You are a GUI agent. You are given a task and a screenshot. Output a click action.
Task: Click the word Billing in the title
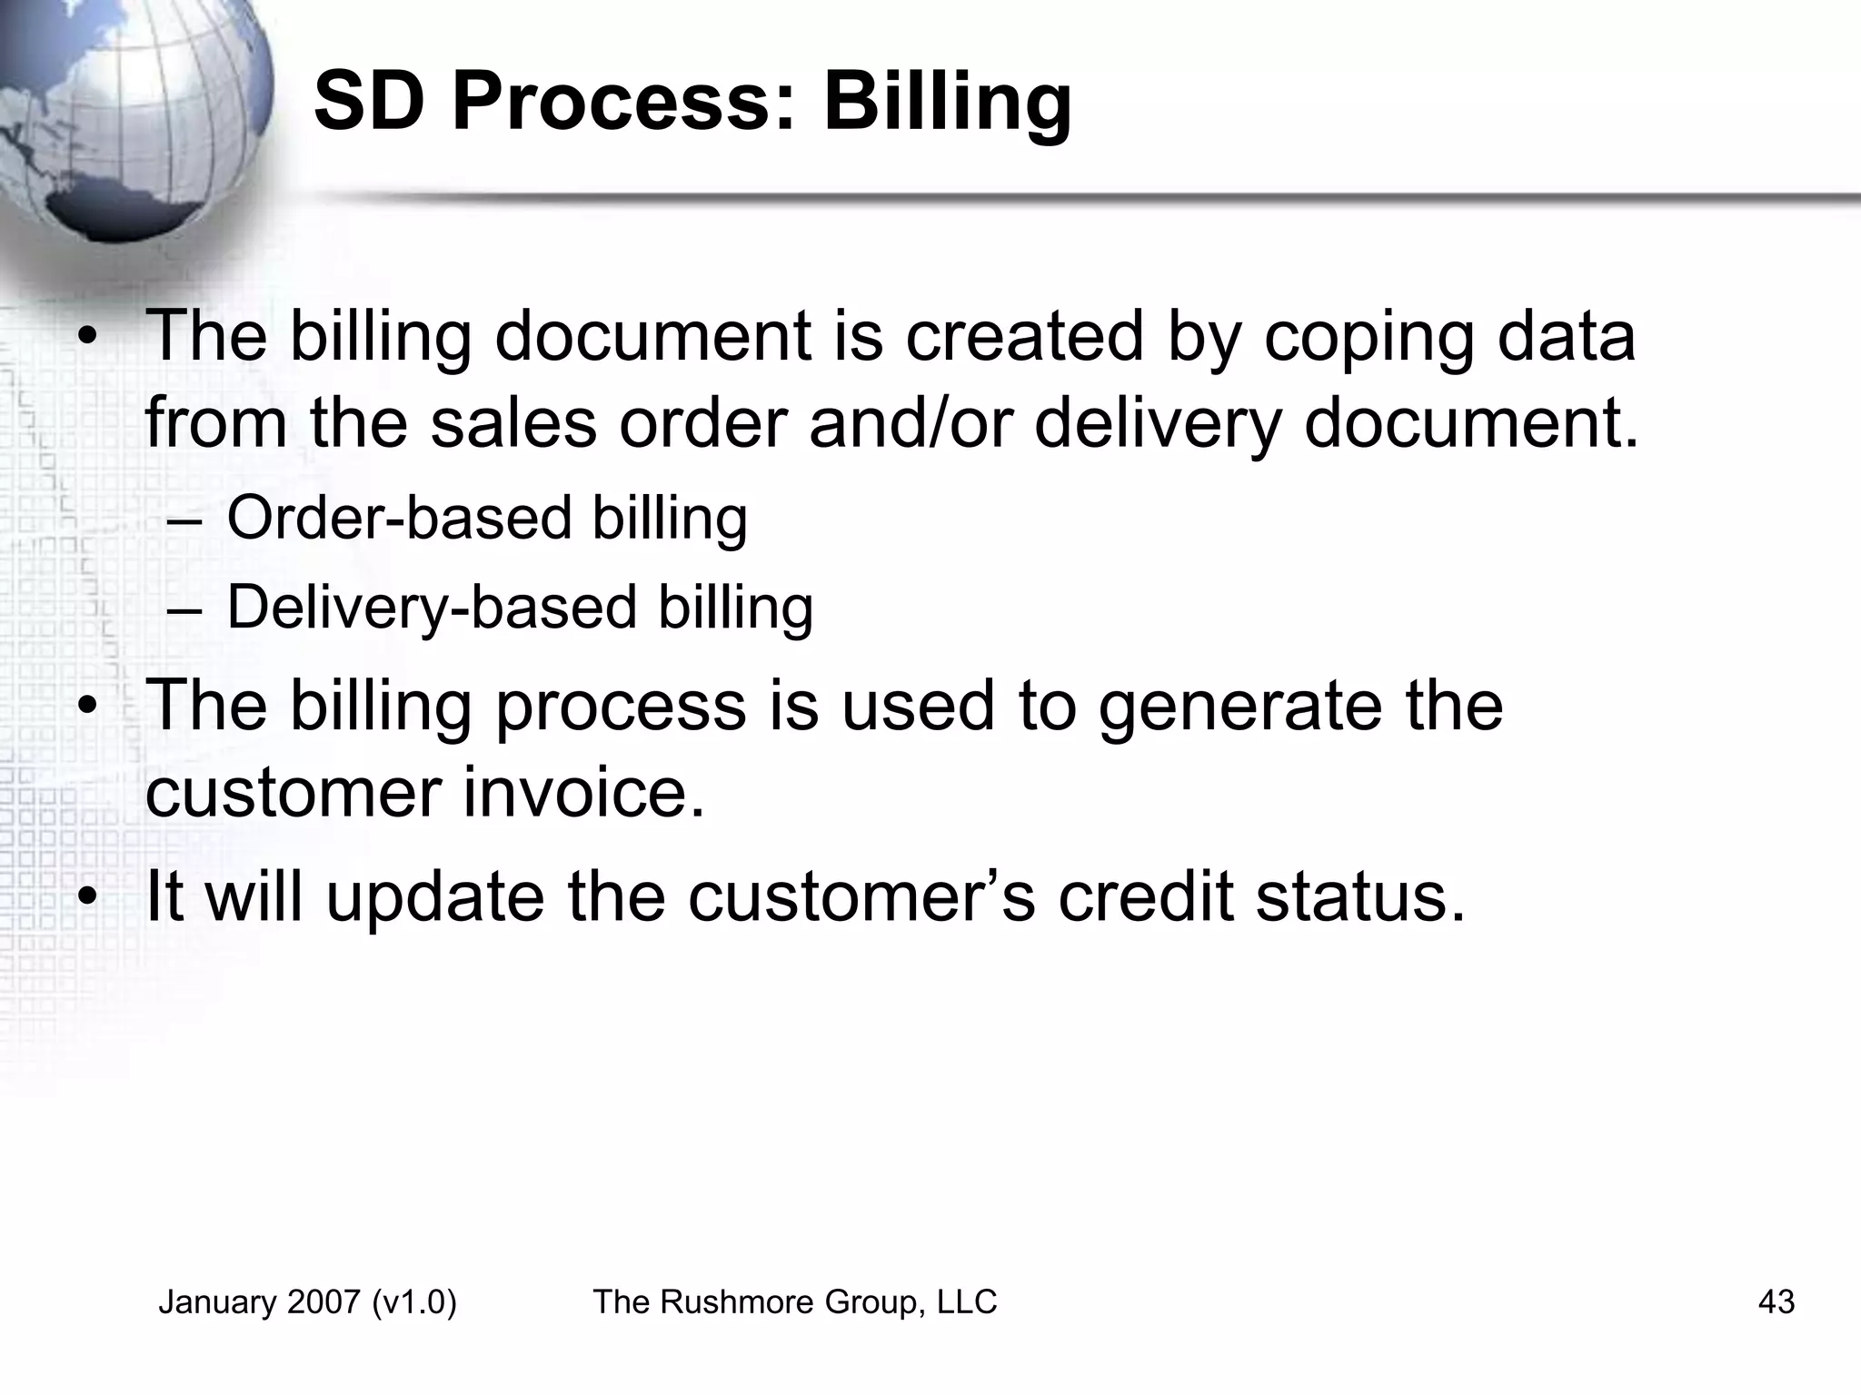coord(947,103)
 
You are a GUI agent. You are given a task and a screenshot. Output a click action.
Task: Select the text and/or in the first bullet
coord(910,423)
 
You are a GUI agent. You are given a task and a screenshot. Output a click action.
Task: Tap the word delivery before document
coord(1158,425)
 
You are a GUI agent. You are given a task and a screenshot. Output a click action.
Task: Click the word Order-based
coord(399,518)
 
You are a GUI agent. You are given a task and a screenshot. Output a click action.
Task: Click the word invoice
coord(583,792)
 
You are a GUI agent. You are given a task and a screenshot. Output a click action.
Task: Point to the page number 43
coord(1776,1302)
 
